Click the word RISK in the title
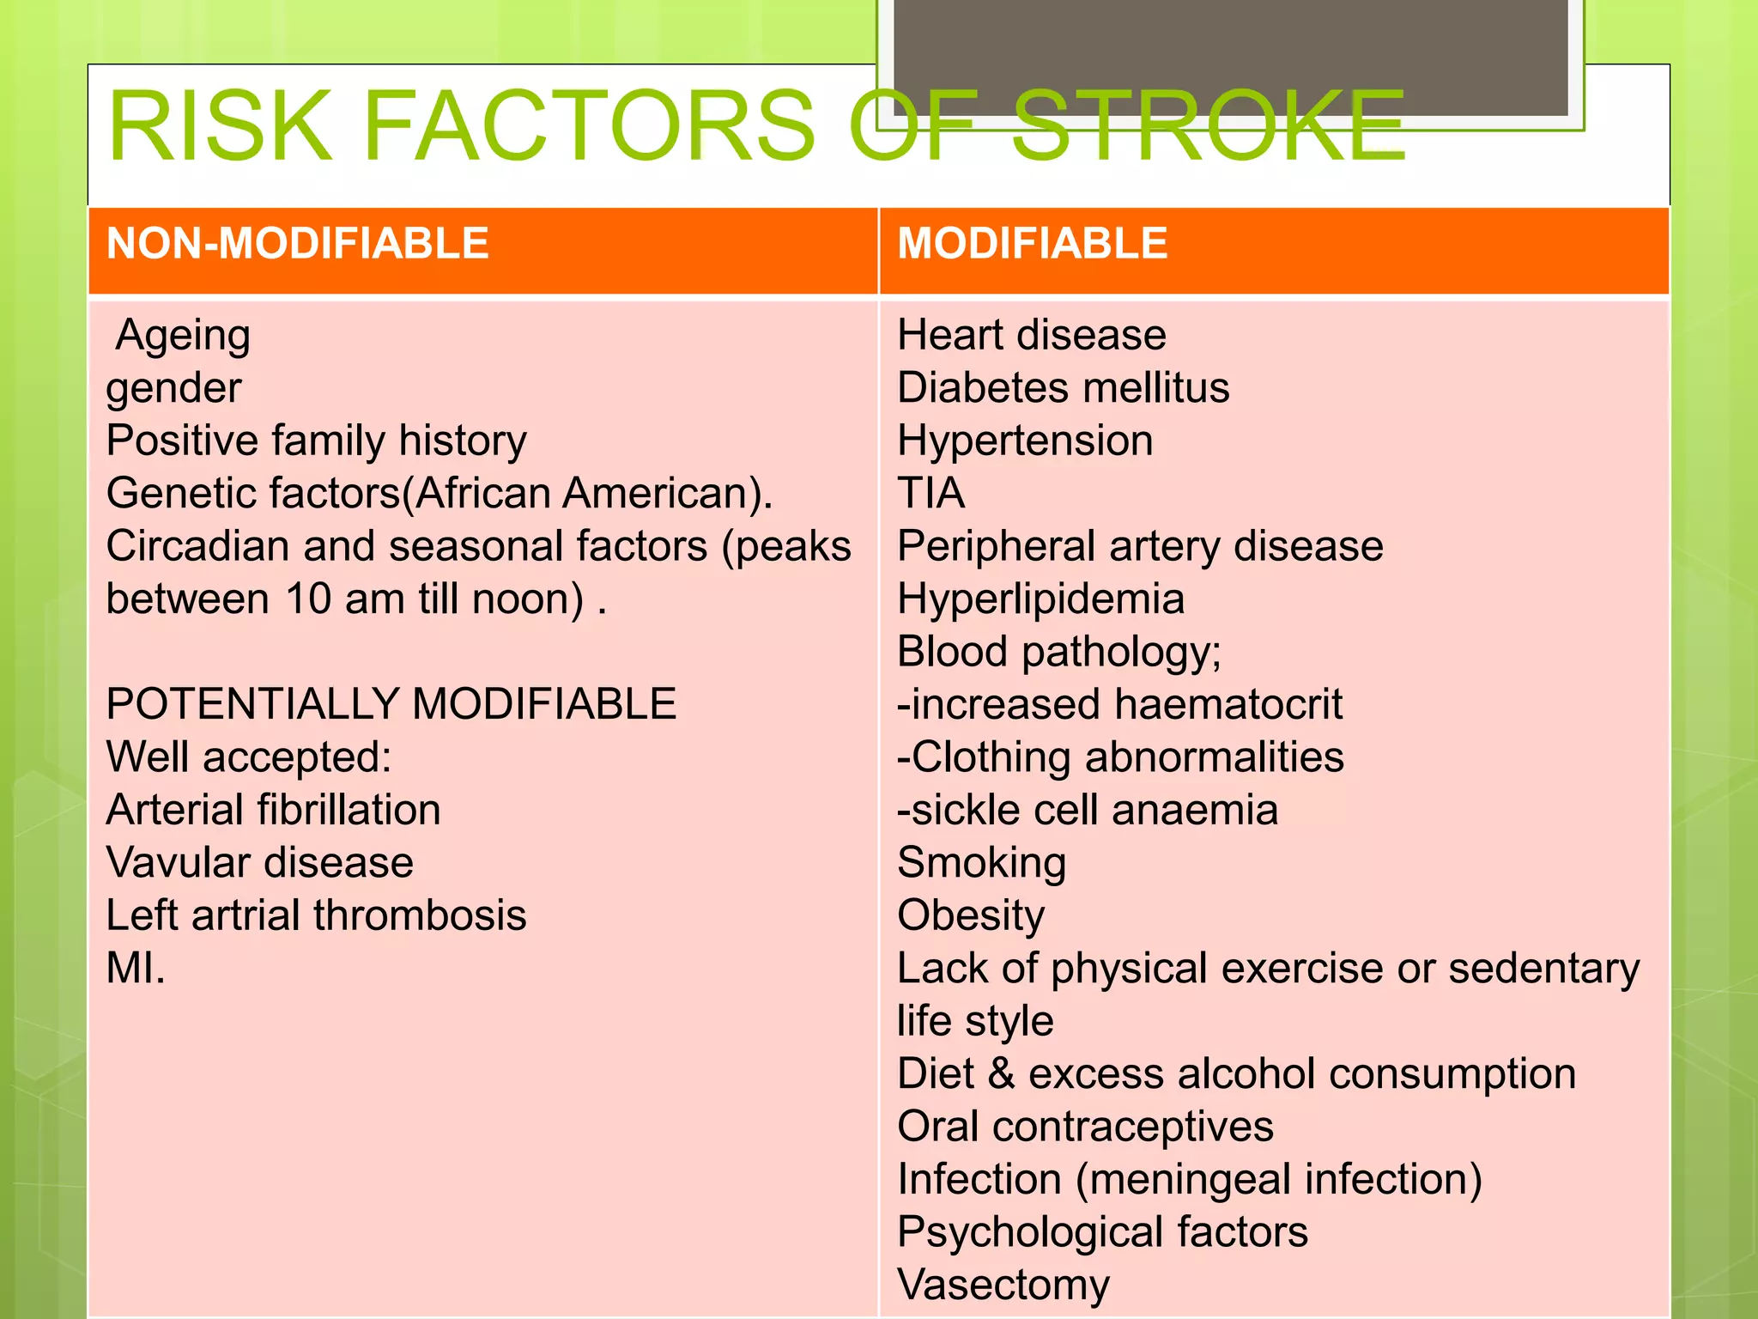[220, 126]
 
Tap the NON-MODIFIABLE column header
[297, 244]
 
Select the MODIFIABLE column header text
[1032, 244]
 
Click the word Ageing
[183, 336]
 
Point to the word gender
[173, 389]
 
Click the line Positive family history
[316, 441]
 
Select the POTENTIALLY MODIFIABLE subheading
[391, 704]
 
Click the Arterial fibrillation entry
[273, 810]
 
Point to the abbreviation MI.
[135, 969]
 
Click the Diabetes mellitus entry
[1063, 388]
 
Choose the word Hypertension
[1025, 441]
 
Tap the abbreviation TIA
[931, 494]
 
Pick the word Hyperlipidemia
[1040, 599]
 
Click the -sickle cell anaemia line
[1087, 810]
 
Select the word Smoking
[981, 863]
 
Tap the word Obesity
[971, 916]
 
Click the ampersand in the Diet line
[1001, 1074]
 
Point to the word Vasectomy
[1003, 1286]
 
